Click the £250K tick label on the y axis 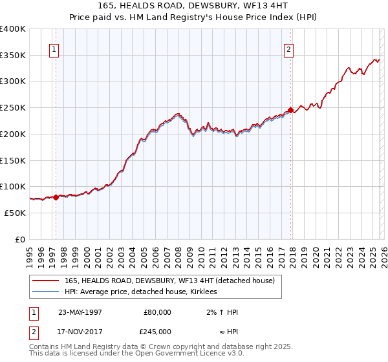[13, 108]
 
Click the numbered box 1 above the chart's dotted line [54, 48]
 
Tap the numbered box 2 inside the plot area [288, 48]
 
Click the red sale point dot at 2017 [291, 110]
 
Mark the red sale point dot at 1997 [56, 197]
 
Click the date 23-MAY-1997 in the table [80, 312]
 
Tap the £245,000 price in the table [157, 330]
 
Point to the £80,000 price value [157, 312]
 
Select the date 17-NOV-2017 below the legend [80, 330]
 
